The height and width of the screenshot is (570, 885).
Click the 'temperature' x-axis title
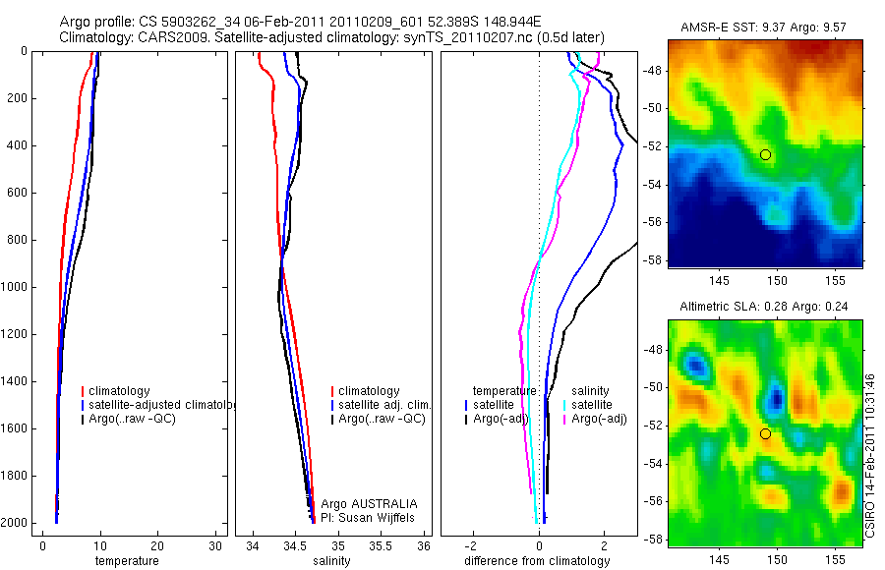(x=127, y=561)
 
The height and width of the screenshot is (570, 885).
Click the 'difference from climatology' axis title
(x=537, y=561)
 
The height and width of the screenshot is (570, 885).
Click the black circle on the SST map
(x=765, y=155)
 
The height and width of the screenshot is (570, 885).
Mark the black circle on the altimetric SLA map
(x=765, y=433)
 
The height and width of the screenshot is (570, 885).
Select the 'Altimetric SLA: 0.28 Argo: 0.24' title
(x=765, y=308)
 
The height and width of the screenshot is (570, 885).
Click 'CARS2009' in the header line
(x=165, y=37)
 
